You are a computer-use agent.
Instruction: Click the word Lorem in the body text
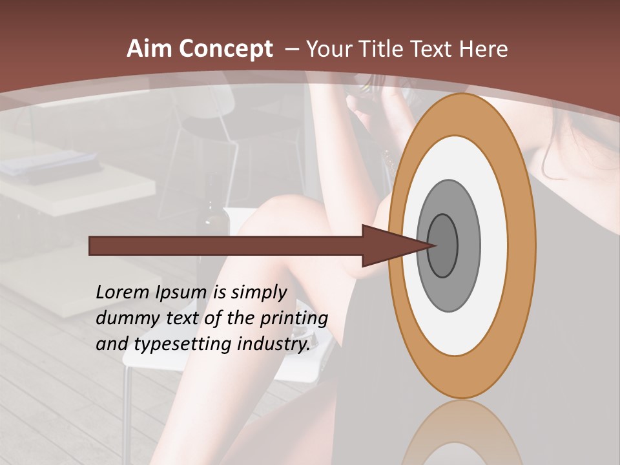point(122,293)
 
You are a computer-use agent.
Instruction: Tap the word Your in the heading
point(327,49)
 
